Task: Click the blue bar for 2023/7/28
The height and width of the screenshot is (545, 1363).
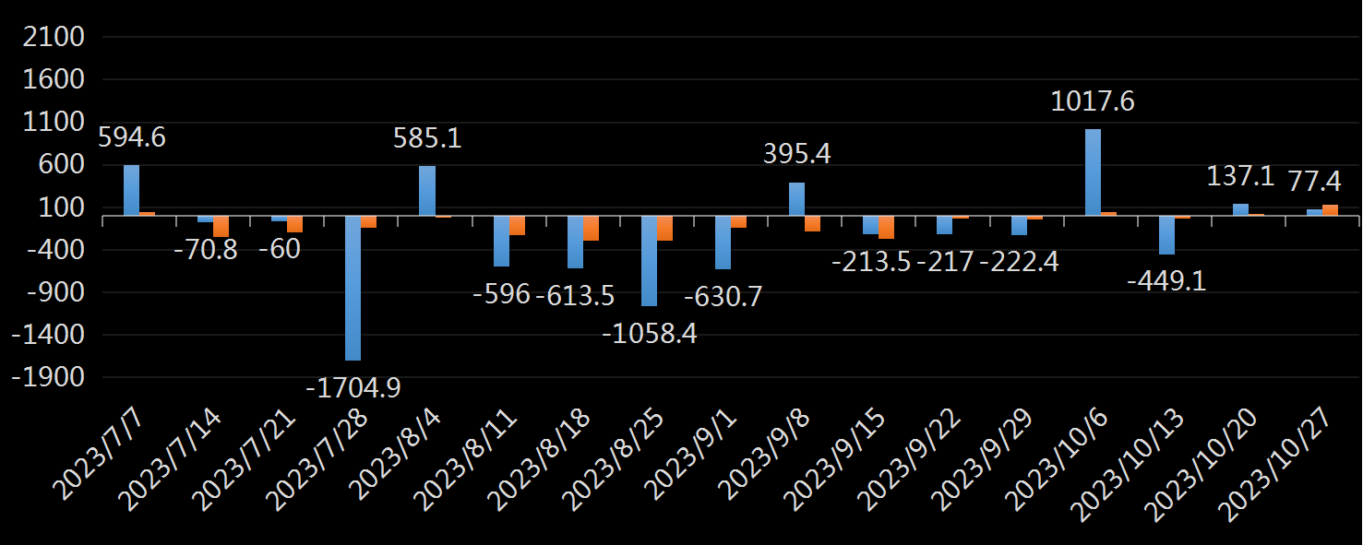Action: pos(353,288)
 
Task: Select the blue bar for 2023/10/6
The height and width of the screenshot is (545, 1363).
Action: pos(1093,172)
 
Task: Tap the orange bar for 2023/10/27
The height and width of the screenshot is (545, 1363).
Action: pos(1330,210)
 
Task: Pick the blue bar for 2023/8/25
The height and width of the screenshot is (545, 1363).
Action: pos(649,261)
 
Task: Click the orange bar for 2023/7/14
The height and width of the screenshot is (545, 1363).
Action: pos(221,226)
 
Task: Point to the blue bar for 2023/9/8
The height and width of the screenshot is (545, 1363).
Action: pos(796,199)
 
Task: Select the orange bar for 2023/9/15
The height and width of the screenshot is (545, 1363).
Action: pos(886,228)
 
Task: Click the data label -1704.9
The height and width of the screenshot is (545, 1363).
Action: pos(353,387)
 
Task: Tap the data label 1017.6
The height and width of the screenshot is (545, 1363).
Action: pos(1093,101)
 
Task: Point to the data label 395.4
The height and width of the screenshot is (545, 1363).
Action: pos(796,154)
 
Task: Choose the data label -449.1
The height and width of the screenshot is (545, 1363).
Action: pos(1166,281)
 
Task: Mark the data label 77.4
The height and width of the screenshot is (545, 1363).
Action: pos(1314,181)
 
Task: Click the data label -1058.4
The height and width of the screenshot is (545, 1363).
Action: pos(650,334)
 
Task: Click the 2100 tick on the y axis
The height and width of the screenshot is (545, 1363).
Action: pos(54,37)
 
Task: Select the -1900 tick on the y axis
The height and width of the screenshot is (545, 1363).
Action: pos(48,378)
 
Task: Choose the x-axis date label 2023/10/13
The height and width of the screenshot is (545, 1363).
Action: pos(1127,466)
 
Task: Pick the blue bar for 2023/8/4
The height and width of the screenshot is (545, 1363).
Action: pos(427,191)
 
